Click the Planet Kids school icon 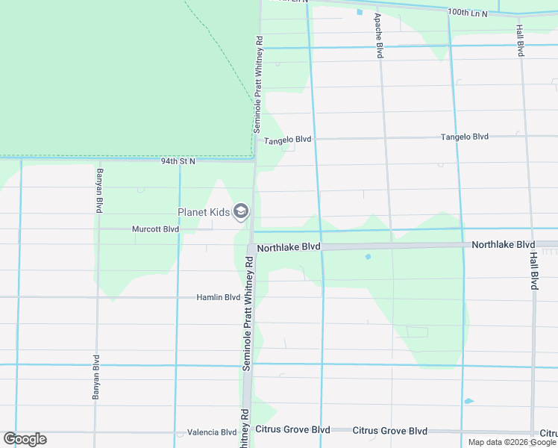click(x=240, y=213)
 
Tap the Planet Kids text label click(x=204, y=213)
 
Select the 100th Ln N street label click(x=468, y=13)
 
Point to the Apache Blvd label click(x=379, y=36)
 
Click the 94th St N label click(x=178, y=161)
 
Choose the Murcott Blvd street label click(x=155, y=229)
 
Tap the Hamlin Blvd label click(x=218, y=297)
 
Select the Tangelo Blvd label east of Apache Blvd click(x=464, y=137)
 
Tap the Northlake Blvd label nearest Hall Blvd click(x=503, y=245)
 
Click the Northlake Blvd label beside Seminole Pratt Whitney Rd click(x=288, y=247)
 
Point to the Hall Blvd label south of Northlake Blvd click(x=534, y=270)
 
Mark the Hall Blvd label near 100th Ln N click(x=520, y=40)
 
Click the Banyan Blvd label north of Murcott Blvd click(x=98, y=192)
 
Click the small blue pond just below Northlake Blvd click(x=368, y=257)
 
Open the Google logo click(x=25, y=439)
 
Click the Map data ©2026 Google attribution click(x=512, y=442)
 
